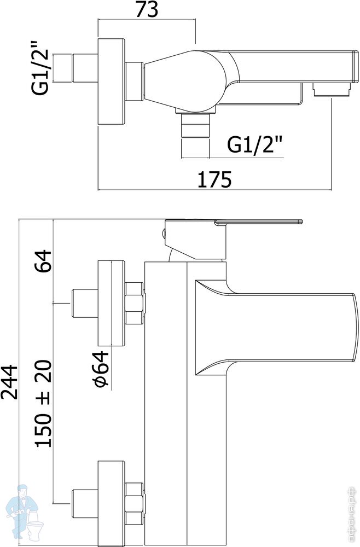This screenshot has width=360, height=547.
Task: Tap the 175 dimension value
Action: tap(215, 179)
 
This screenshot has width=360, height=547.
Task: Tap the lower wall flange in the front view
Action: tap(112, 501)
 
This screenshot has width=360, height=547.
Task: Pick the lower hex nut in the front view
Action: tap(135, 503)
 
